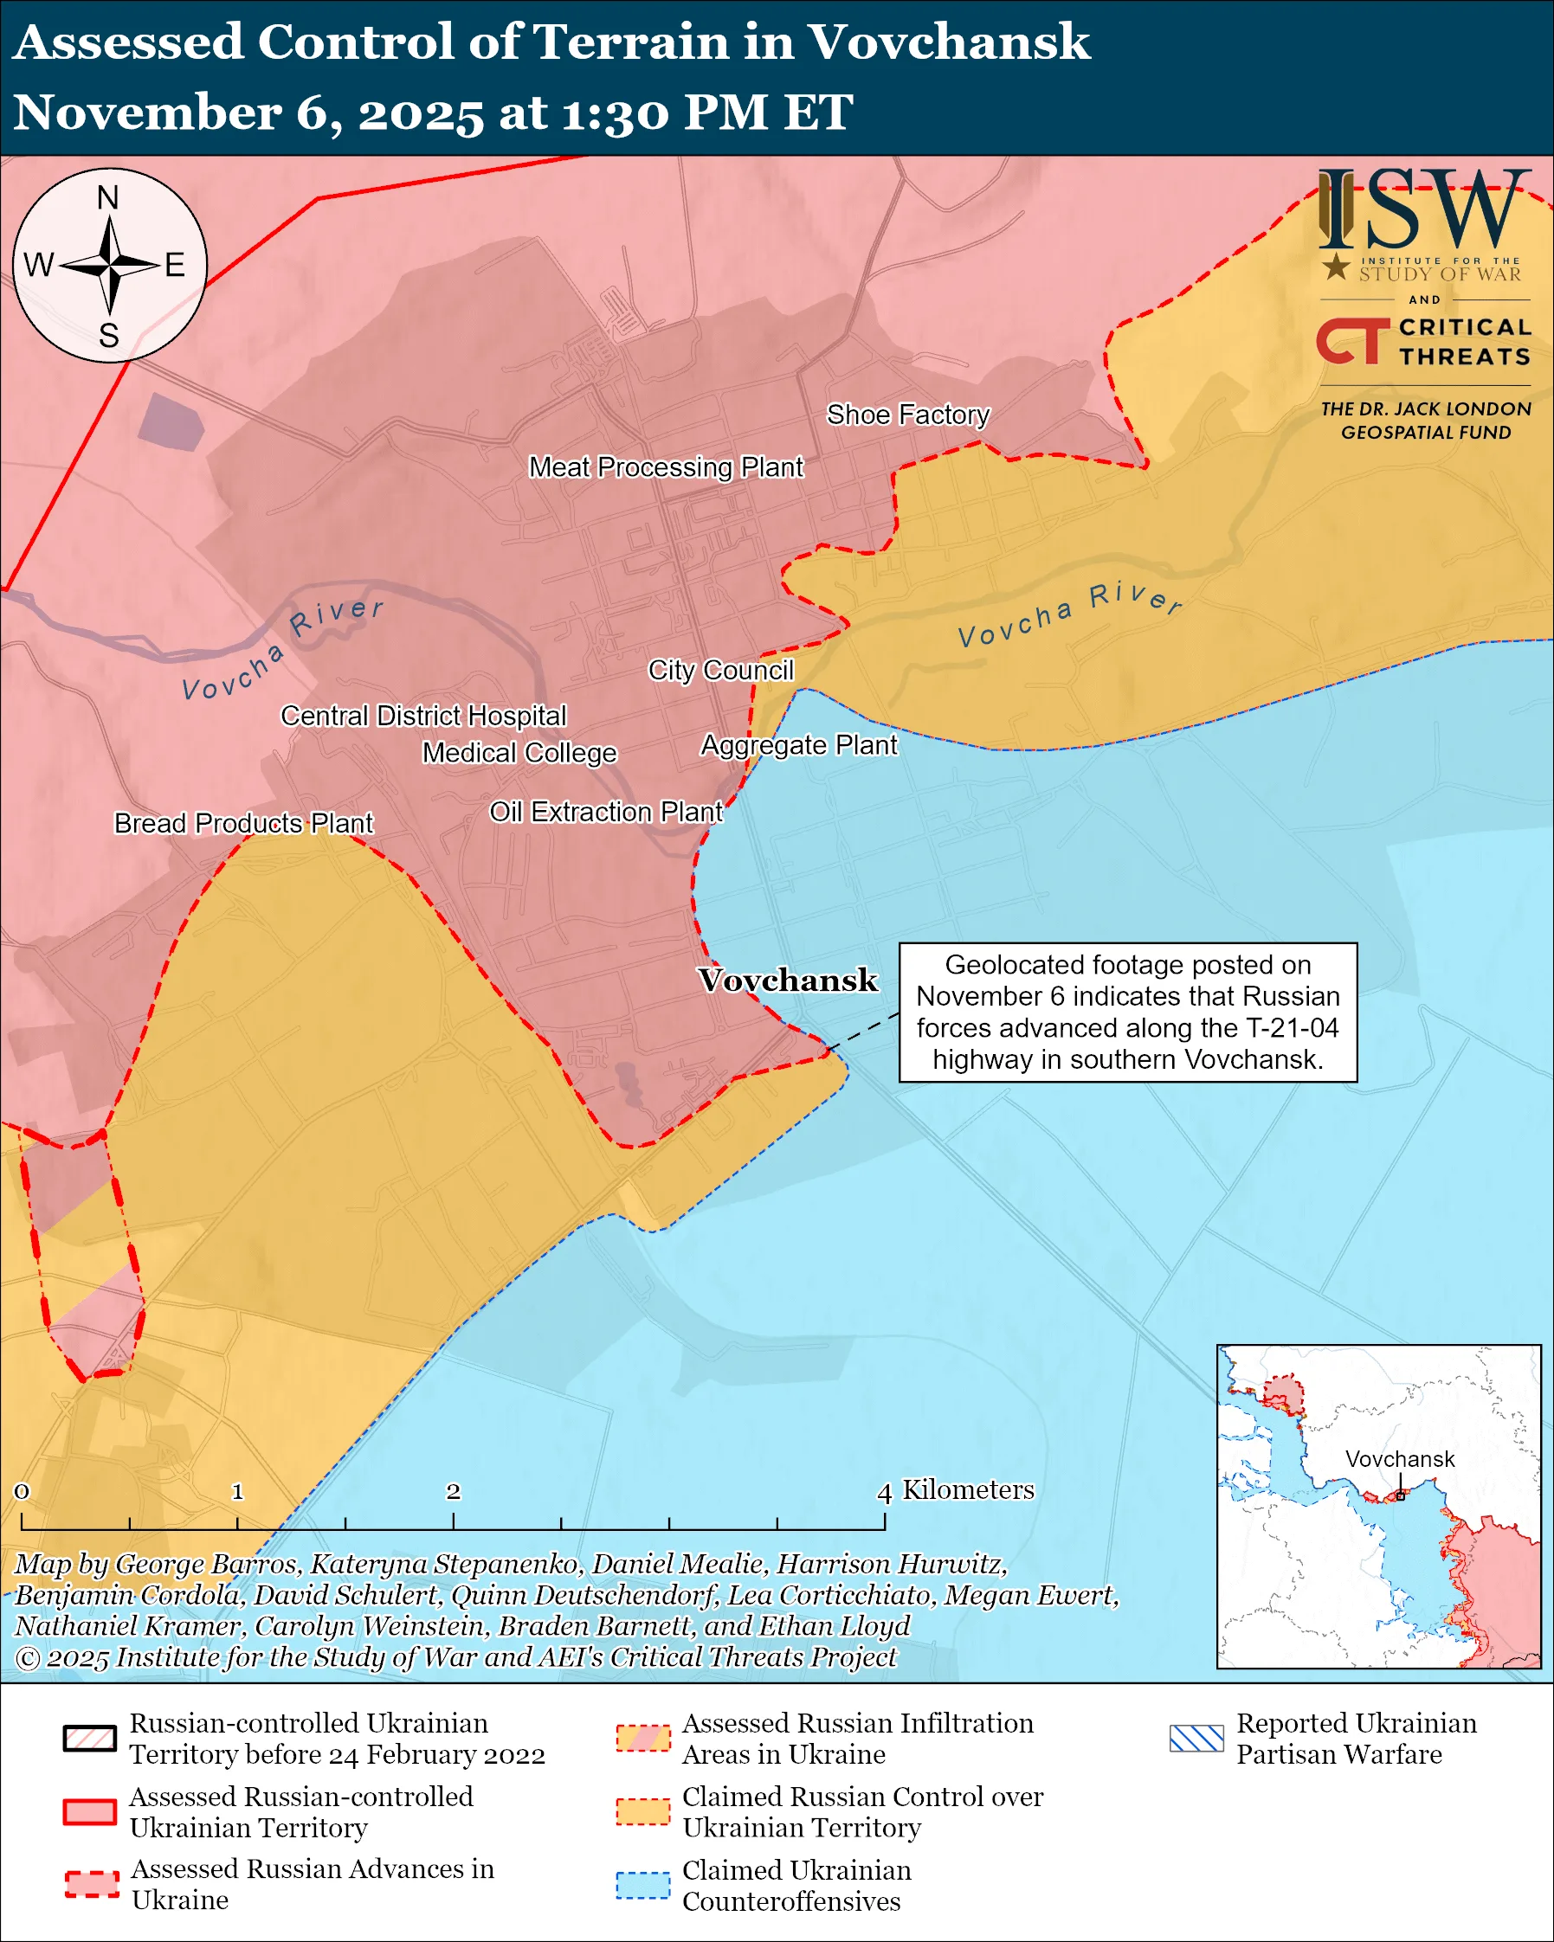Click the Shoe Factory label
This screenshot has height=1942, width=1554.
pos(908,415)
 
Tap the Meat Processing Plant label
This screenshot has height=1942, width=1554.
pos(666,466)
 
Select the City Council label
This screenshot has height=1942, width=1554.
pos(720,670)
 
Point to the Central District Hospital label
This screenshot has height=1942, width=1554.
pos(423,715)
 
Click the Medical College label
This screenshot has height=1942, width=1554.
pos(519,752)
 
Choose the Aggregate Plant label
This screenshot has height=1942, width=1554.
pos(799,745)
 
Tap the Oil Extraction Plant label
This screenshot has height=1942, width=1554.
pos(605,812)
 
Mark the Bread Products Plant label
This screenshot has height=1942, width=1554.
pos(243,822)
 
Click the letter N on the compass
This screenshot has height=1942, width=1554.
pos(108,197)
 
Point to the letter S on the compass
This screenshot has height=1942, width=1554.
pos(109,335)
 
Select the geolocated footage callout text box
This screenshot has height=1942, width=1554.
pos(1128,1012)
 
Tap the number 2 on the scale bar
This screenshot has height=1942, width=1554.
pos(453,1492)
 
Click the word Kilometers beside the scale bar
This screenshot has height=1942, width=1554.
pos(969,1490)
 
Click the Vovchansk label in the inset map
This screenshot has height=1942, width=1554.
pos(1400,1459)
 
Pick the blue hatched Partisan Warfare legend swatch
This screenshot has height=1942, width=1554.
pos(1196,1739)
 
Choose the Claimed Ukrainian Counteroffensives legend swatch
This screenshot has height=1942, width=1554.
pos(643,1885)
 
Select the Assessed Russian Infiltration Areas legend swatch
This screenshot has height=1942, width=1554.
pos(643,1739)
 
